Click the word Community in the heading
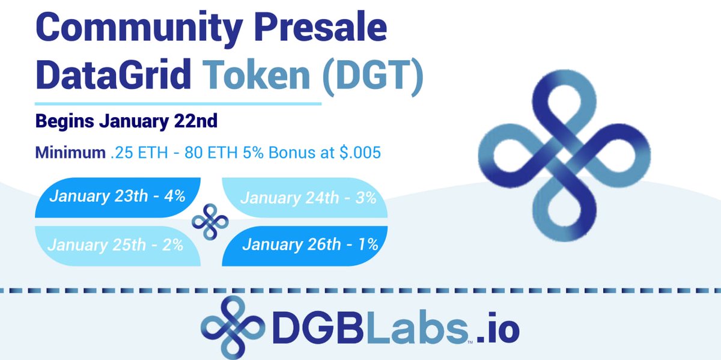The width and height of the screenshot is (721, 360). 139,29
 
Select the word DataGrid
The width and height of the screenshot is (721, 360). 114,74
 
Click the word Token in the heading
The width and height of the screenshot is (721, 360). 256,74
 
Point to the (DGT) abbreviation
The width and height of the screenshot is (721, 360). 373,77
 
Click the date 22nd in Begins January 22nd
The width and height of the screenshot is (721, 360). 196,121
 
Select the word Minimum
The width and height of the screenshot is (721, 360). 70,152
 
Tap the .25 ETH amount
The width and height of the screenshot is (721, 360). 139,152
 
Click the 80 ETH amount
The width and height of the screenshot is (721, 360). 211,152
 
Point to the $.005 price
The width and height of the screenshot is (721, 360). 360,152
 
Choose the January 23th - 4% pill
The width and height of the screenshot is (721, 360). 118,197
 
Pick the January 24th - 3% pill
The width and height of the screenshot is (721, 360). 305,197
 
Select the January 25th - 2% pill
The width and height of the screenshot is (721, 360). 118,246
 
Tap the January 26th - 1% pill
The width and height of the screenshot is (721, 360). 305,246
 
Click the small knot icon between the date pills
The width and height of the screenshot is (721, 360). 210,222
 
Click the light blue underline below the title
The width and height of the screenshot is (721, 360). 178,104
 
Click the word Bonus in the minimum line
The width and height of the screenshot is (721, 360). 292,152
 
